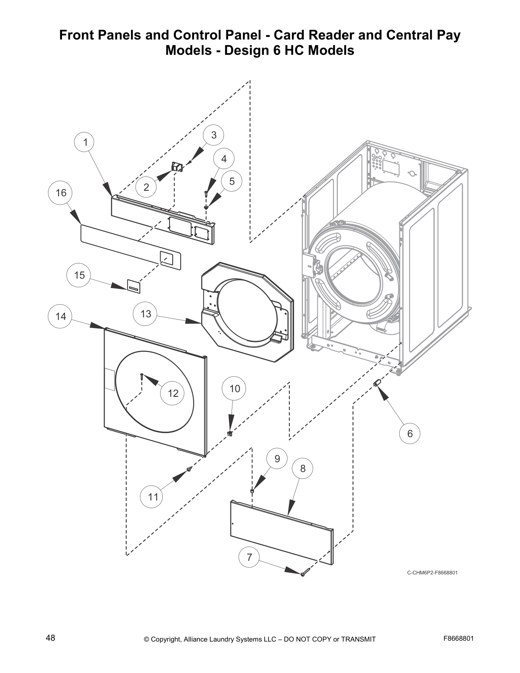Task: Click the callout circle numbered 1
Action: (x=85, y=142)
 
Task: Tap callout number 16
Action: (x=61, y=193)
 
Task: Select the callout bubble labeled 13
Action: (x=146, y=314)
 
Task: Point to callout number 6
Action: (x=410, y=433)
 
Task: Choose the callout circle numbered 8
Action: (x=302, y=468)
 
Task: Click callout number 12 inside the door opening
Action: (x=173, y=393)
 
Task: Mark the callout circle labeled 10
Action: (x=235, y=388)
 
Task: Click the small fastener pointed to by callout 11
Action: (x=189, y=469)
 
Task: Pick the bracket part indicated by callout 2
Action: (x=176, y=167)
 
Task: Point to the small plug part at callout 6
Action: (x=376, y=384)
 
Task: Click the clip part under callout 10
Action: (x=230, y=433)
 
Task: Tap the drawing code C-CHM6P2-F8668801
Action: (x=432, y=572)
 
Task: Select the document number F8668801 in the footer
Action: (x=458, y=638)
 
